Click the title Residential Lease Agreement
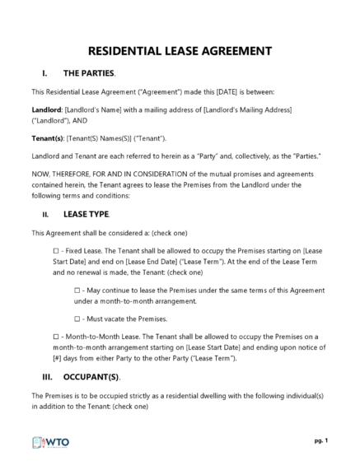(180, 50)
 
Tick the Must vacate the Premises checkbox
(77, 318)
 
